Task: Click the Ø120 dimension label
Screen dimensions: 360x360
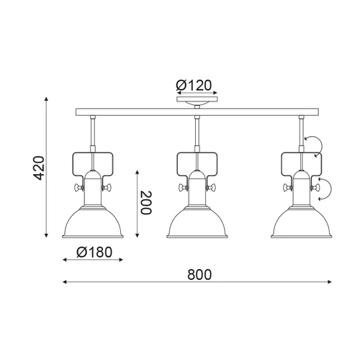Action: (x=194, y=85)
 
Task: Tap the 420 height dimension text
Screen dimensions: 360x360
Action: (x=39, y=168)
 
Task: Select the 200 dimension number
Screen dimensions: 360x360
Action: (x=146, y=203)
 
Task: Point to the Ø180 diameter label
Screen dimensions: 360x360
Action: (x=94, y=252)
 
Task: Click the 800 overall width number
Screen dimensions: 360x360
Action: (x=199, y=275)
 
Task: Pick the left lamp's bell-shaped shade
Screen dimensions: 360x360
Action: (x=93, y=222)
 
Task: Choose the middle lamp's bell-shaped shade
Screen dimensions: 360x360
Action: (x=197, y=222)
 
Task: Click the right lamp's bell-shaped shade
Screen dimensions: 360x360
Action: (x=302, y=222)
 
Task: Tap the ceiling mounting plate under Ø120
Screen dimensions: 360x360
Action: (x=197, y=99)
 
